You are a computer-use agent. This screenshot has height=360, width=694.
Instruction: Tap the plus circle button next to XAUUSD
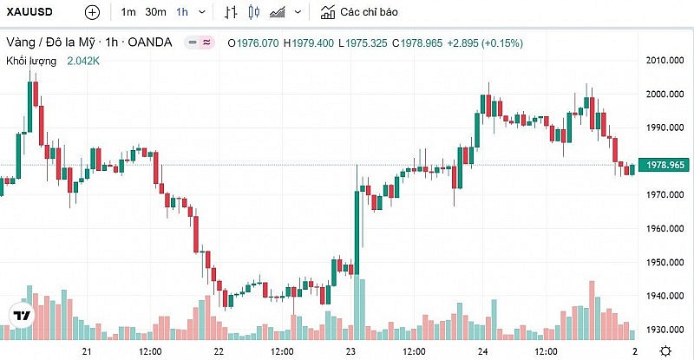click(x=92, y=12)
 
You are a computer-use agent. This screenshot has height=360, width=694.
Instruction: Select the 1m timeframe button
click(x=128, y=12)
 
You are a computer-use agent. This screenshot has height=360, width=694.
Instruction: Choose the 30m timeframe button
click(x=155, y=12)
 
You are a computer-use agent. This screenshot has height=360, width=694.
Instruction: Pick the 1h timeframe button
click(x=181, y=12)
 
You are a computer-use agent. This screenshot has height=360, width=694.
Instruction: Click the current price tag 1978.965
click(x=666, y=165)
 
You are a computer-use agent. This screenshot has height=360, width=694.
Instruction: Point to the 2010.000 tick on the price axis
click(x=666, y=60)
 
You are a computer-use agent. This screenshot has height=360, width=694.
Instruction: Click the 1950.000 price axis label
click(x=666, y=262)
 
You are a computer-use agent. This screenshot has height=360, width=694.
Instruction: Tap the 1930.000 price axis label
click(x=666, y=330)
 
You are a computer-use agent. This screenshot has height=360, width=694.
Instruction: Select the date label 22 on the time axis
click(x=219, y=350)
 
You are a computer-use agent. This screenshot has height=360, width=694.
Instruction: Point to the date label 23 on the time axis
click(x=350, y=350)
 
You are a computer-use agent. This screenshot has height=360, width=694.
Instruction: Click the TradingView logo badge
click(x=21, y=315)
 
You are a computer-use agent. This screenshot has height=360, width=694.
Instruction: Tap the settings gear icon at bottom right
click(x=665, y=350)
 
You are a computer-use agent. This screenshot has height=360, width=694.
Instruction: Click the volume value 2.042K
click(x=83, y=61)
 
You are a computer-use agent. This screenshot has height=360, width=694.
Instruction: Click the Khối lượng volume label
click(x=31, y=61)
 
